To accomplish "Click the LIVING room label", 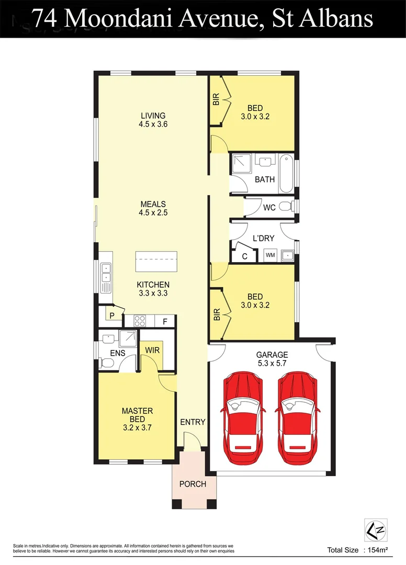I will tap(153, 116).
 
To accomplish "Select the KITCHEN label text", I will tap(153, 285).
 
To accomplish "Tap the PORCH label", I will tap(193, 484).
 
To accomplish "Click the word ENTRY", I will tap(193, 422).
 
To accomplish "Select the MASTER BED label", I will tap(137, 411).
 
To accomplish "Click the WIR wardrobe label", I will tap(152, 349).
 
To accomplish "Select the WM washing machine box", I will tap(270, 255).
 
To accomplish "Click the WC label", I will tap(269, 208).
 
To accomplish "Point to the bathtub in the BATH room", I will tap(286, 174).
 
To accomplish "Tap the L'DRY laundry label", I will tap(263, 238).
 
